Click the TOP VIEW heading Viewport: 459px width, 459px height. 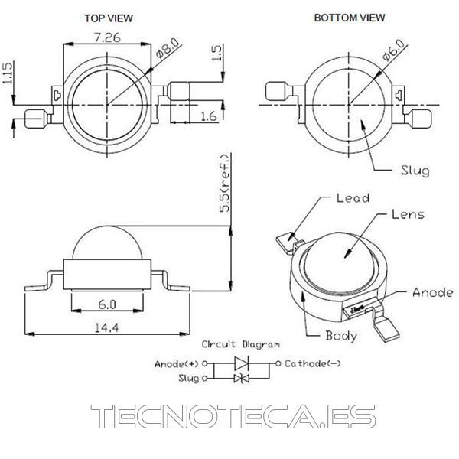(x=109, y=18)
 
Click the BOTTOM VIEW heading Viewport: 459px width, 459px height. (x=350, y=18)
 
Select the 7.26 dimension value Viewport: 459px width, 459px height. (x=107, y=37)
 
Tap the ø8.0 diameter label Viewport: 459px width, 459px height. (x=167, y=48)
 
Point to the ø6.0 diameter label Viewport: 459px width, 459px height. (x=394, y=50)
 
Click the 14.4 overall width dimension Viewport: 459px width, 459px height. (x=106, y=327)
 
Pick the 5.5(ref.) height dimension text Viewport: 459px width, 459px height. (x=226, y=184)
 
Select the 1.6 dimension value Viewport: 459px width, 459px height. (x=209, y=116)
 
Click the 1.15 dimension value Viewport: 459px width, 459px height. (x=8, y=73)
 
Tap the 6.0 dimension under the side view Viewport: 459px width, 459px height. (x=107, y=304)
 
